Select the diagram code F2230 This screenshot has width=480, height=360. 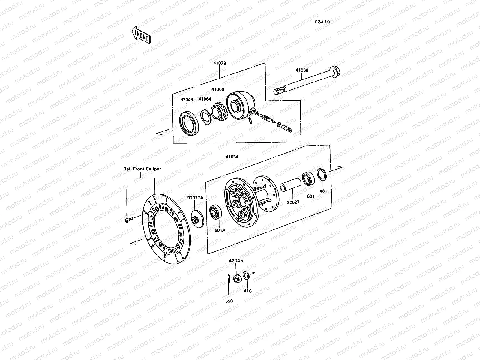coord(322,22)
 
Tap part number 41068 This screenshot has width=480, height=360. coord(302,70)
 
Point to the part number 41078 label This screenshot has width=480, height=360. coord(220,64)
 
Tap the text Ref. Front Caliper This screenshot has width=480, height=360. coord(142,169)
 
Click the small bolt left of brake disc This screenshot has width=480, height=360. coord(128,220)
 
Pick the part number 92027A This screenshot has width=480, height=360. coord(195,198)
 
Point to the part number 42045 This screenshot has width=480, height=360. coord(235,261)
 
